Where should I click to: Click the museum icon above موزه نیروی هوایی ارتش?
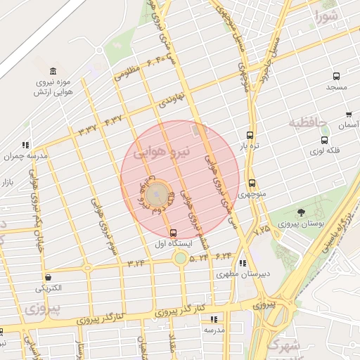[53, 71]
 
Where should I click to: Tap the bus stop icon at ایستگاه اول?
[173, 233]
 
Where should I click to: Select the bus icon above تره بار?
[249, 135]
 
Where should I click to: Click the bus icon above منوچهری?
[252, 184]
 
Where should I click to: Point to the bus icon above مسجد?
[337, 76]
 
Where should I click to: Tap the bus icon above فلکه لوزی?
[324, 140]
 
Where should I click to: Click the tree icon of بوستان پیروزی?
[302, 212]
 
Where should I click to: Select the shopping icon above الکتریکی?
[49, 277]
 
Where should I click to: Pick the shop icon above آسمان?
[349, 114]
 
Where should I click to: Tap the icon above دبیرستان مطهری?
[243, 263]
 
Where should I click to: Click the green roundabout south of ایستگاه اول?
[181, 258]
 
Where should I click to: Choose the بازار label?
[8, 183]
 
